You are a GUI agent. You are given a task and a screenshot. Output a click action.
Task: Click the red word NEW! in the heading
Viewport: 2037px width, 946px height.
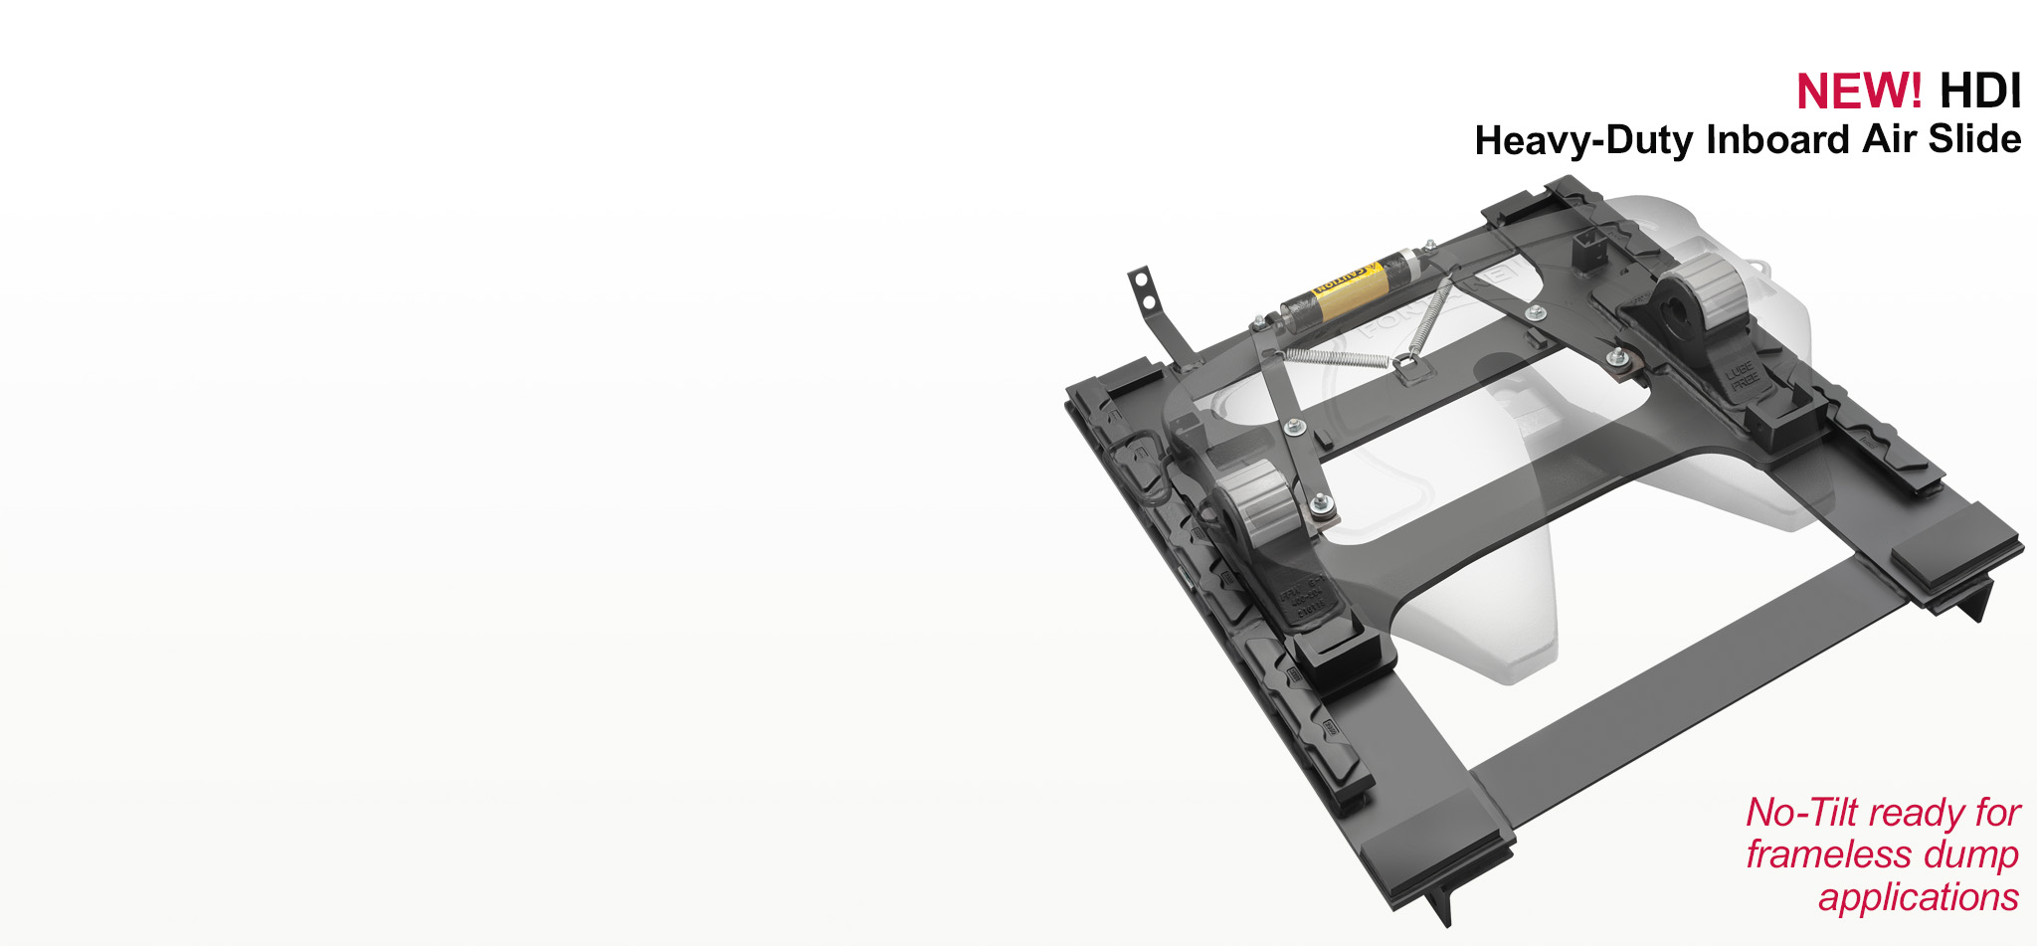(x=1858, y=92)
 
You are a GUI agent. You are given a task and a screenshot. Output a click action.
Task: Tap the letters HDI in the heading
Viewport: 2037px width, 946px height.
(x=1979, y=92)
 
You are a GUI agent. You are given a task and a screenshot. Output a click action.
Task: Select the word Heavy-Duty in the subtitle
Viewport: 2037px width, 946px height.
(x=1584, y=140)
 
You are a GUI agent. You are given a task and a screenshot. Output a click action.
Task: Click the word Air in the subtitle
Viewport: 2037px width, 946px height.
(x=1890, y=139)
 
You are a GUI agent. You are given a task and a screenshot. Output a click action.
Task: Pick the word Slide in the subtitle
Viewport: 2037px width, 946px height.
(x=1975, y=139)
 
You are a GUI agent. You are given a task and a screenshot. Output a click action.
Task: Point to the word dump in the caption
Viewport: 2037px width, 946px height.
(x=1971, y=855)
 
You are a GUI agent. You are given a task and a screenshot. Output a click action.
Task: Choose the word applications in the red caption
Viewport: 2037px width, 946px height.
(x=1918, y=897)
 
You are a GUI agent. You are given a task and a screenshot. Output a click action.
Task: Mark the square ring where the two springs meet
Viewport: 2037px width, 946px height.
(x=1404, y=366)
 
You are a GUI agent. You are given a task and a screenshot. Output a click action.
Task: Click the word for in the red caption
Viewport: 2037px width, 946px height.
(x=1998, y=813)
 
